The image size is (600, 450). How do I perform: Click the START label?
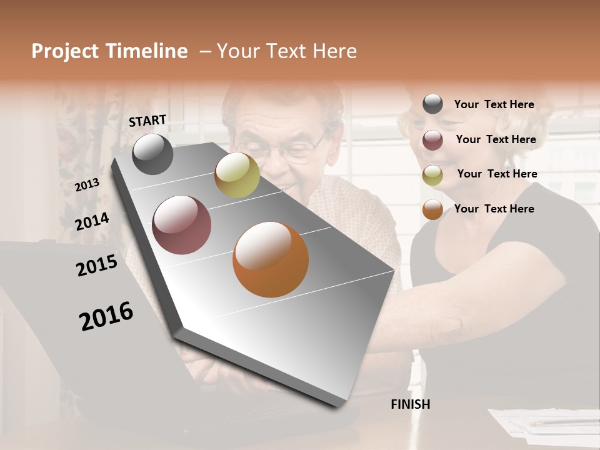tap(147, 121)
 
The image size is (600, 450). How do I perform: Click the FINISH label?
tap(411, 404)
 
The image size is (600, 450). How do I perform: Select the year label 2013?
tap(87, 184)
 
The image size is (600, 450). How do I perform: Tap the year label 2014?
tap(92, 221)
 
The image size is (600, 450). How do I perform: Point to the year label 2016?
tap(106, 316)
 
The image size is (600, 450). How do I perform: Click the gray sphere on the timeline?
tap(153, 154)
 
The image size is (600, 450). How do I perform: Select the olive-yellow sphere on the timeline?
tap(237, 175)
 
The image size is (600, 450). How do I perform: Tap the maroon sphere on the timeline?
tap(181, 225)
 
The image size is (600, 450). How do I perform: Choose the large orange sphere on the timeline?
tap(271, 259)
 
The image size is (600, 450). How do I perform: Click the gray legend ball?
tap(432, 104)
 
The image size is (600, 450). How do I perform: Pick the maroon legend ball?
tap(432, 140)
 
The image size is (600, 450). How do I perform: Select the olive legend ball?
tap(432, 175)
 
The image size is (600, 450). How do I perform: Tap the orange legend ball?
tap(432, 209)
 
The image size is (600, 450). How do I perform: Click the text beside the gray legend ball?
tap(494, 104)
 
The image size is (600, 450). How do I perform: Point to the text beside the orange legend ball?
tap(494, 209)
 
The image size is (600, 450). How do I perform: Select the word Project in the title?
tap(64, 51)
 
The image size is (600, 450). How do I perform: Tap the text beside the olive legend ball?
tap(497, 174)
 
